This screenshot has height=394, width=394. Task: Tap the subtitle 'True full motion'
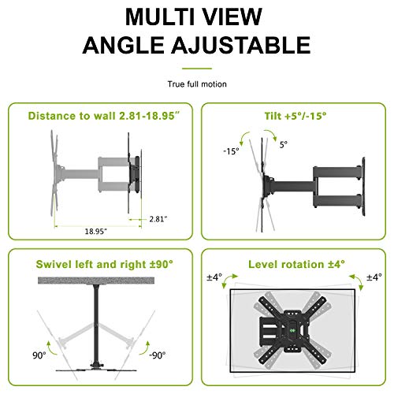pyautogui.click(x=196, y=83)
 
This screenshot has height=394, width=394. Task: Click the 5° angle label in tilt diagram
pyautogui.click(x=283, y=145)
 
